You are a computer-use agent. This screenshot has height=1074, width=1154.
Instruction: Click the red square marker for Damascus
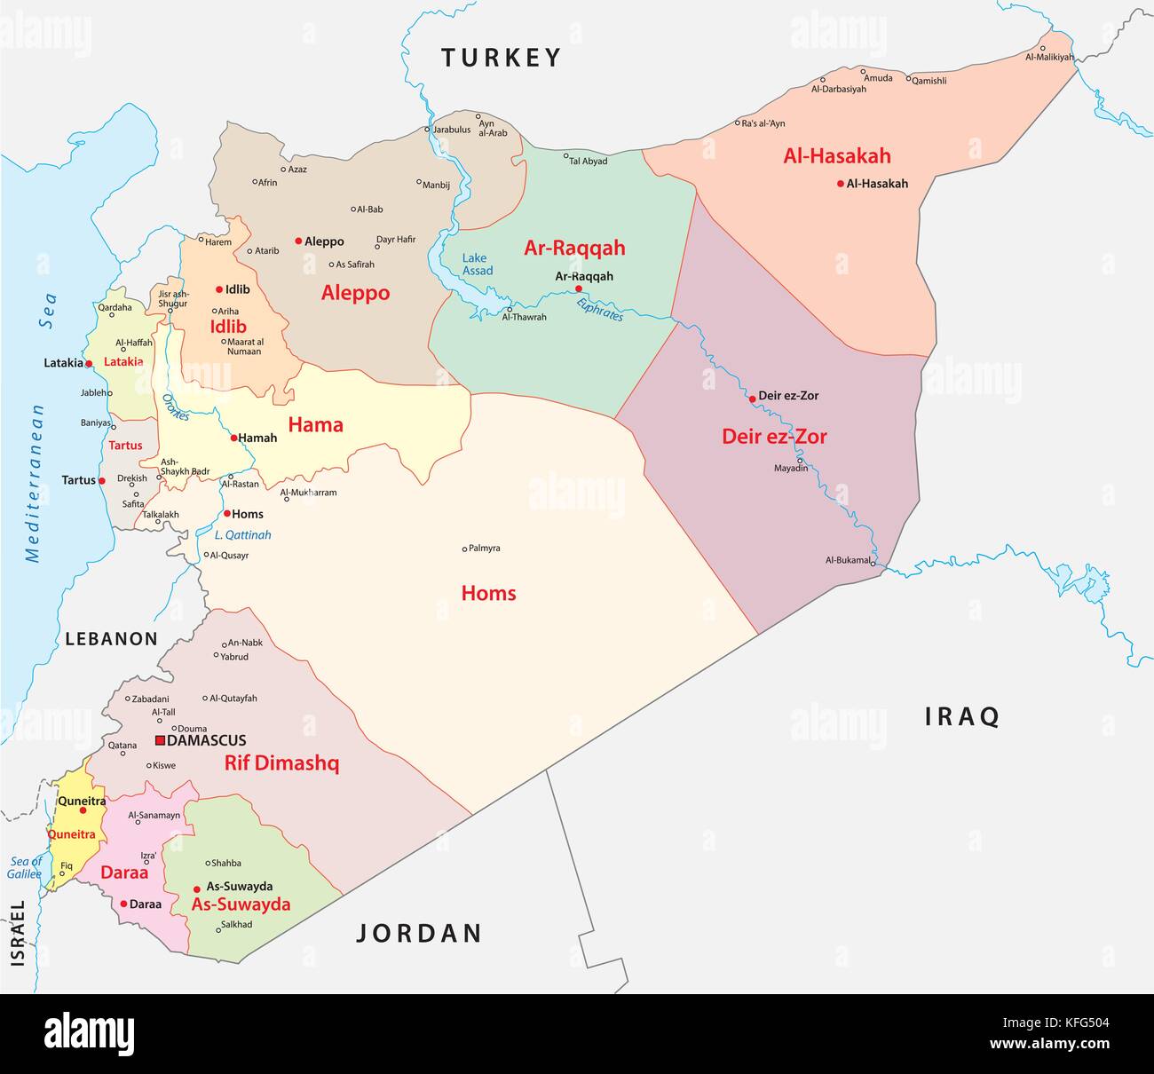click(160, 740)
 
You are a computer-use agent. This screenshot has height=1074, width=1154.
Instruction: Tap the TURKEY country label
click(502, 59)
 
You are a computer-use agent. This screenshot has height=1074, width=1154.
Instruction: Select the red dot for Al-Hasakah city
click(840, 184)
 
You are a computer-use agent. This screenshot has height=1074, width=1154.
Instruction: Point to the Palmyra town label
click(485, 549)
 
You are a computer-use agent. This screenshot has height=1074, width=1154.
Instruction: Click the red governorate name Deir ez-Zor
click(774, 437)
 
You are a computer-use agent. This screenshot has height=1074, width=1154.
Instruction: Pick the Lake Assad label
click(477, 265)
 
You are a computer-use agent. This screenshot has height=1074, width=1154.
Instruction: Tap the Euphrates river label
click(600, 310)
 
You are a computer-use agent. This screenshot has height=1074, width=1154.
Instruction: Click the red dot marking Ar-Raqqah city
click(578, 288)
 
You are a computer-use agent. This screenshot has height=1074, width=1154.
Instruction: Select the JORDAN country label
click(419, 933)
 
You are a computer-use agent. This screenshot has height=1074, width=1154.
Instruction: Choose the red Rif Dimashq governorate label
click(281, 763)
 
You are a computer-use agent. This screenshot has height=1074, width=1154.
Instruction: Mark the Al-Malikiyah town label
click(1049, 58)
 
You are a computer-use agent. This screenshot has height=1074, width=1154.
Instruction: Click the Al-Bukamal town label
click(847, 560)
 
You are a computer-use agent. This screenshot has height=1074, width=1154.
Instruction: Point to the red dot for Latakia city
click(89, 364)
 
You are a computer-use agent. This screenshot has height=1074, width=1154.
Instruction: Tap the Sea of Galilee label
click(25, 867)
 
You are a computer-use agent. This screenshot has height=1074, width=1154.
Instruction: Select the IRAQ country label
click(962, 716)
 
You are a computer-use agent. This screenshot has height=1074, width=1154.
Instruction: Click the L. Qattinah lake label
click(243, 535)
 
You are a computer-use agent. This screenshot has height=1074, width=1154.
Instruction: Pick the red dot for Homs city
click(226, 514)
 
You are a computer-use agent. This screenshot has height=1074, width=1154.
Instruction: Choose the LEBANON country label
click(111, 639)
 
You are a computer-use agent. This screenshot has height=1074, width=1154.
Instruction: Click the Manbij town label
click(436, 185)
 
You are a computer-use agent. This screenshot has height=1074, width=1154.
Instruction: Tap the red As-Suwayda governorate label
click(241, 904)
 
